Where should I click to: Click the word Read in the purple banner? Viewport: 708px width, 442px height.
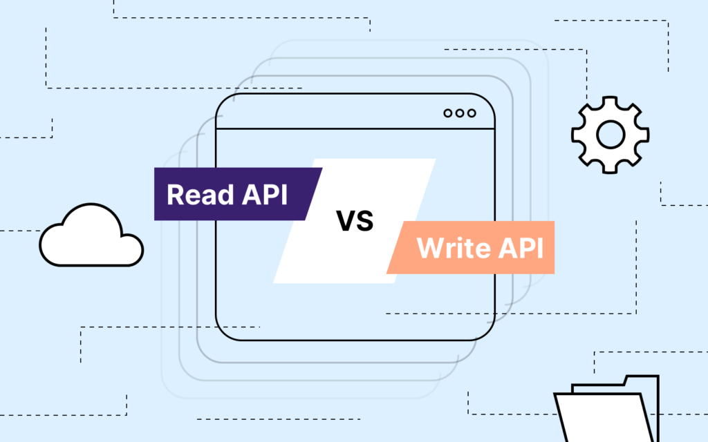(x=199, y=194)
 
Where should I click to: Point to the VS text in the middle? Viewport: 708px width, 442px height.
(x=355, y=221)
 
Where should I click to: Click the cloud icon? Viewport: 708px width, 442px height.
(x=90, y=236)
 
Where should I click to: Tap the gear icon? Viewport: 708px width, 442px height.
(x=610, y=135)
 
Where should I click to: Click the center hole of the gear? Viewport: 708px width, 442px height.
(x=610, y=135)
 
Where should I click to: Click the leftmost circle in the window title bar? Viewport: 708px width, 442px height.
(x=448, y=113)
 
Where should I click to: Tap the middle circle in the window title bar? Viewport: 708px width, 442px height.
(x=460, y=113)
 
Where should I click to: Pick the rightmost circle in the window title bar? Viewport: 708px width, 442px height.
(x=472, y=113)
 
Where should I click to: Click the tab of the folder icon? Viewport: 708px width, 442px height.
(x=641, y=381)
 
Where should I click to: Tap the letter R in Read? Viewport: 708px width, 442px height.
(x=176, y=194)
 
